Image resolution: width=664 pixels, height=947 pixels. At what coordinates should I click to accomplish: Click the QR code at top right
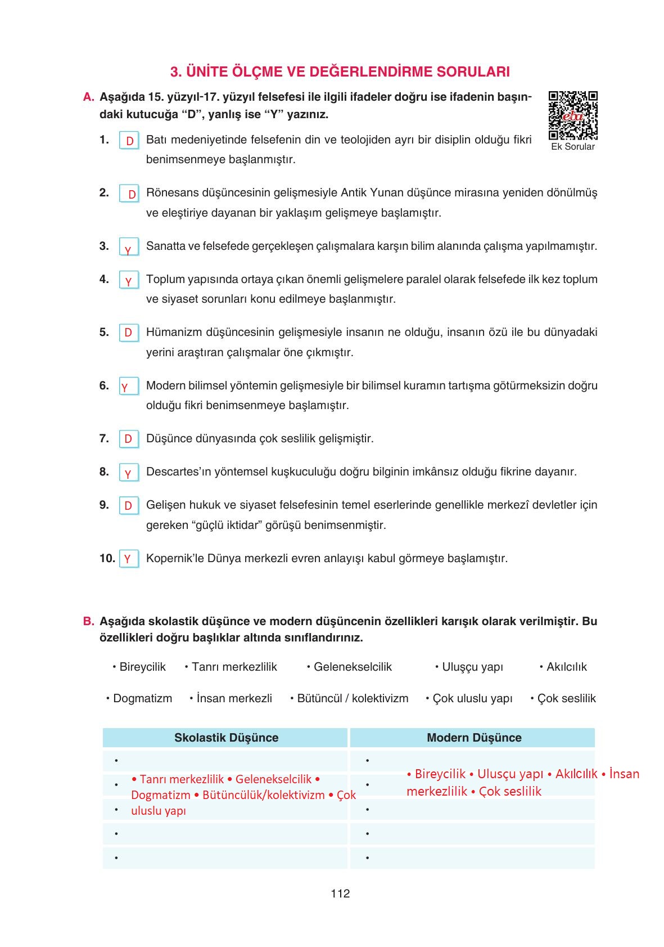click(572, 115)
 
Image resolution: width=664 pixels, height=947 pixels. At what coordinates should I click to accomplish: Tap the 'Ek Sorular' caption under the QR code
click(572, 146)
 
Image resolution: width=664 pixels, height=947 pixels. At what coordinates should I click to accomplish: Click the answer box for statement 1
click(129, 141)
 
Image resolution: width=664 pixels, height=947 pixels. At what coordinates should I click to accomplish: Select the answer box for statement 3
click(129, 247)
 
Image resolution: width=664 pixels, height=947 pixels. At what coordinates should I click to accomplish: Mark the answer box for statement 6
click(129, 387)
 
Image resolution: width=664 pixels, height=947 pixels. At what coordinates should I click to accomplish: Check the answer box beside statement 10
click(129, 559)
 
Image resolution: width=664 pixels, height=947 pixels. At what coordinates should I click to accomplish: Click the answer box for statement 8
click(129, 473)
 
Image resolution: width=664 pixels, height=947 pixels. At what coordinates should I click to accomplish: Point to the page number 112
click(340, 894)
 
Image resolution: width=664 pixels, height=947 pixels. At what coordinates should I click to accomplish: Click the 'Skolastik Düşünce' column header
click(226, 738)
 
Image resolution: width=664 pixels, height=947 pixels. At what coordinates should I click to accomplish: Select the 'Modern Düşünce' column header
click(473, 738)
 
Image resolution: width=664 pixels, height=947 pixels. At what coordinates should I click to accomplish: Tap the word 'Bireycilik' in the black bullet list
click(142, 667)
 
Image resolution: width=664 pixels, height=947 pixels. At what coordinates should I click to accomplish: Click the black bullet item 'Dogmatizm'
click(142, 698)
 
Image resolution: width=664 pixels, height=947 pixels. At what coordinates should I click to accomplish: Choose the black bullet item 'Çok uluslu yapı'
click(472, 698)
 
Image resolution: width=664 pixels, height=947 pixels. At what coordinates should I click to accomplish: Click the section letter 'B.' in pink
click(88, 621)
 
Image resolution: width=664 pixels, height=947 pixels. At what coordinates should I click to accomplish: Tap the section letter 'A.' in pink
click(88, 97)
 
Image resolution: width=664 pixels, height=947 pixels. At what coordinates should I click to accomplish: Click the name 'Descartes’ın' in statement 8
click(178, 472)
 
